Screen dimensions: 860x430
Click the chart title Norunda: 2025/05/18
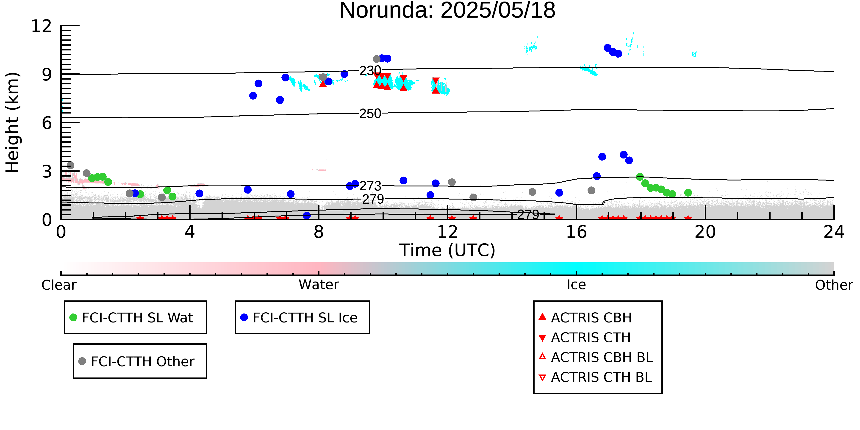point(447,11)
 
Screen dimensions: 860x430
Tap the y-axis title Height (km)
point(12,122)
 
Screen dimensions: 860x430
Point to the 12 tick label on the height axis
point(42,26)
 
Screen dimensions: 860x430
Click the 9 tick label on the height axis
point(47,75)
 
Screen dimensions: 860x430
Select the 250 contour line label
point(370,114)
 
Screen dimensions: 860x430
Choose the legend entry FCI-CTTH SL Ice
point(299,317)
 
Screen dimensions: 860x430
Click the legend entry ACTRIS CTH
point(585,338)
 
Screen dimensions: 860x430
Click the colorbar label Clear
point(59,285)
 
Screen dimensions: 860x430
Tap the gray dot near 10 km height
point(377,59)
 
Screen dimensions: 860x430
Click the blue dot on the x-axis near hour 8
point(307,216)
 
